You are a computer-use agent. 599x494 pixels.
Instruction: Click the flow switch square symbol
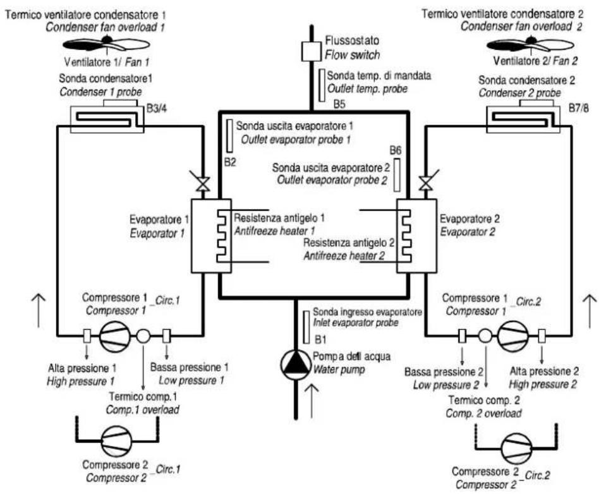click(x=312, y=52)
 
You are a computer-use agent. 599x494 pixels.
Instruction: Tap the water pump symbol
click(x=296, y=364)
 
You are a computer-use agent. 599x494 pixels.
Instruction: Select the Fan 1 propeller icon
click(x=106, y=44)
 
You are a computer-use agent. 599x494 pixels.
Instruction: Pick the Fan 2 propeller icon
click(x=530, y=45)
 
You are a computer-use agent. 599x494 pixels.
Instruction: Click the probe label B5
click(x=339, y=104)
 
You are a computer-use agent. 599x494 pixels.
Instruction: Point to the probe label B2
click(x=230, y=162)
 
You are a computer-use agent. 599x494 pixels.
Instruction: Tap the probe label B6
click(x=396, y=150)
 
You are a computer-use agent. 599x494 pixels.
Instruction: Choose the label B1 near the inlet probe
click(x=320, y=339)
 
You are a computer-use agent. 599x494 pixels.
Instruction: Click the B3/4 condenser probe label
click(x=157, y=109)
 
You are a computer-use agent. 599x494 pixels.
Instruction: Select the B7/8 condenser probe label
click(x=578, y=108)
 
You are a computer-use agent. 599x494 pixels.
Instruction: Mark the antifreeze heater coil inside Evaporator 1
click(x=223, y=236)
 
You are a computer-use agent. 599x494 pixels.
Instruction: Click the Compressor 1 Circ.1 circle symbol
click(x=115, y=336)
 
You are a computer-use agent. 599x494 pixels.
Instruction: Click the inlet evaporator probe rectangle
click(x=306, y=327)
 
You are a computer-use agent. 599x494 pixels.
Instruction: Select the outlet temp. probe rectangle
click(x=322, y=85)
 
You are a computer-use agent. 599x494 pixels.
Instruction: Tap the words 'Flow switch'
click(x=352, y=55)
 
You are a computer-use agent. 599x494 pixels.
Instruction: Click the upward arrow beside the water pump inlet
click(x=312, y=401)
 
